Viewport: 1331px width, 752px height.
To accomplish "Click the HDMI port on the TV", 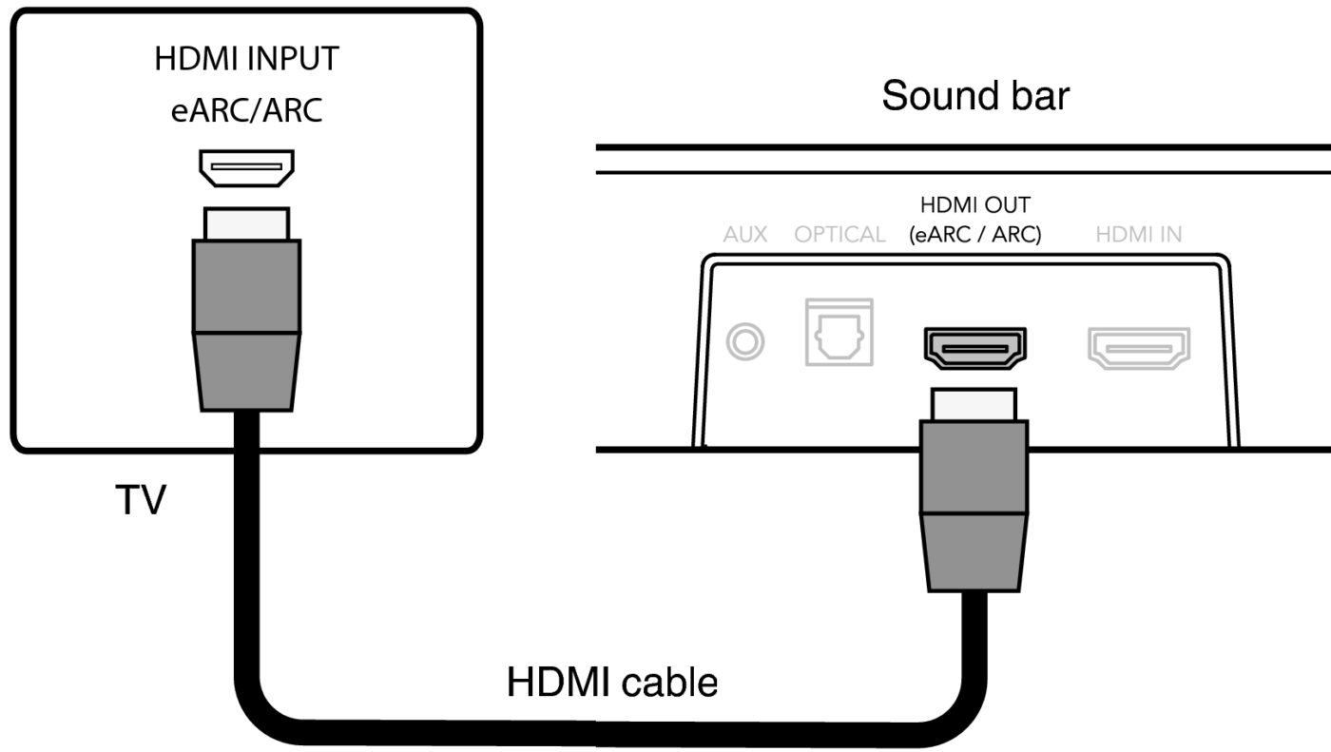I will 246,167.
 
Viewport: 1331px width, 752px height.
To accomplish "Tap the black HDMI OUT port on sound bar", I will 974,348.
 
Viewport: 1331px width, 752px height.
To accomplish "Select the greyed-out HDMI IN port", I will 1139,348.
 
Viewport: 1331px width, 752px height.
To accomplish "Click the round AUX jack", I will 744,341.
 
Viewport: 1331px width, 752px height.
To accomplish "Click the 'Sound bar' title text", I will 975,96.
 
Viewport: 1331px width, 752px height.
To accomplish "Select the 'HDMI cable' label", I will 612,682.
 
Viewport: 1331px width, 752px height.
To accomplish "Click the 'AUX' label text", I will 745,235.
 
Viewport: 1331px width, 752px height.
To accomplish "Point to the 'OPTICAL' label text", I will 840,235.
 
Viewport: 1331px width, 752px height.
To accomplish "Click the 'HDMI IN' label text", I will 1139,235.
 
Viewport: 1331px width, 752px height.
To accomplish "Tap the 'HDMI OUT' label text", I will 974,206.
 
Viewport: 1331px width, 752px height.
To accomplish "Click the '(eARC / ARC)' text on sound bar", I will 974,235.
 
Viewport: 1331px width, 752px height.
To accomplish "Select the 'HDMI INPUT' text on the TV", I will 246,59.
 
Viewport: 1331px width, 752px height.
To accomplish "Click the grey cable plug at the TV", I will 246,323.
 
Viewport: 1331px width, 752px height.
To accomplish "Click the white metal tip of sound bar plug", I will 974,404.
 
